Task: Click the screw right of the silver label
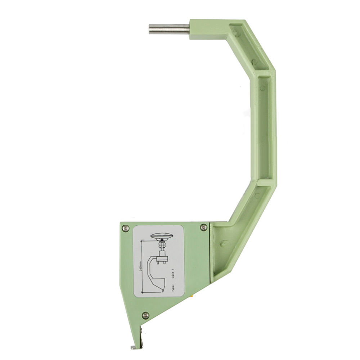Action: coord(203,227)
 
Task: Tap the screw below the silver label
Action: coord(146,315)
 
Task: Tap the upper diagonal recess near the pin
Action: coord(252,47)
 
